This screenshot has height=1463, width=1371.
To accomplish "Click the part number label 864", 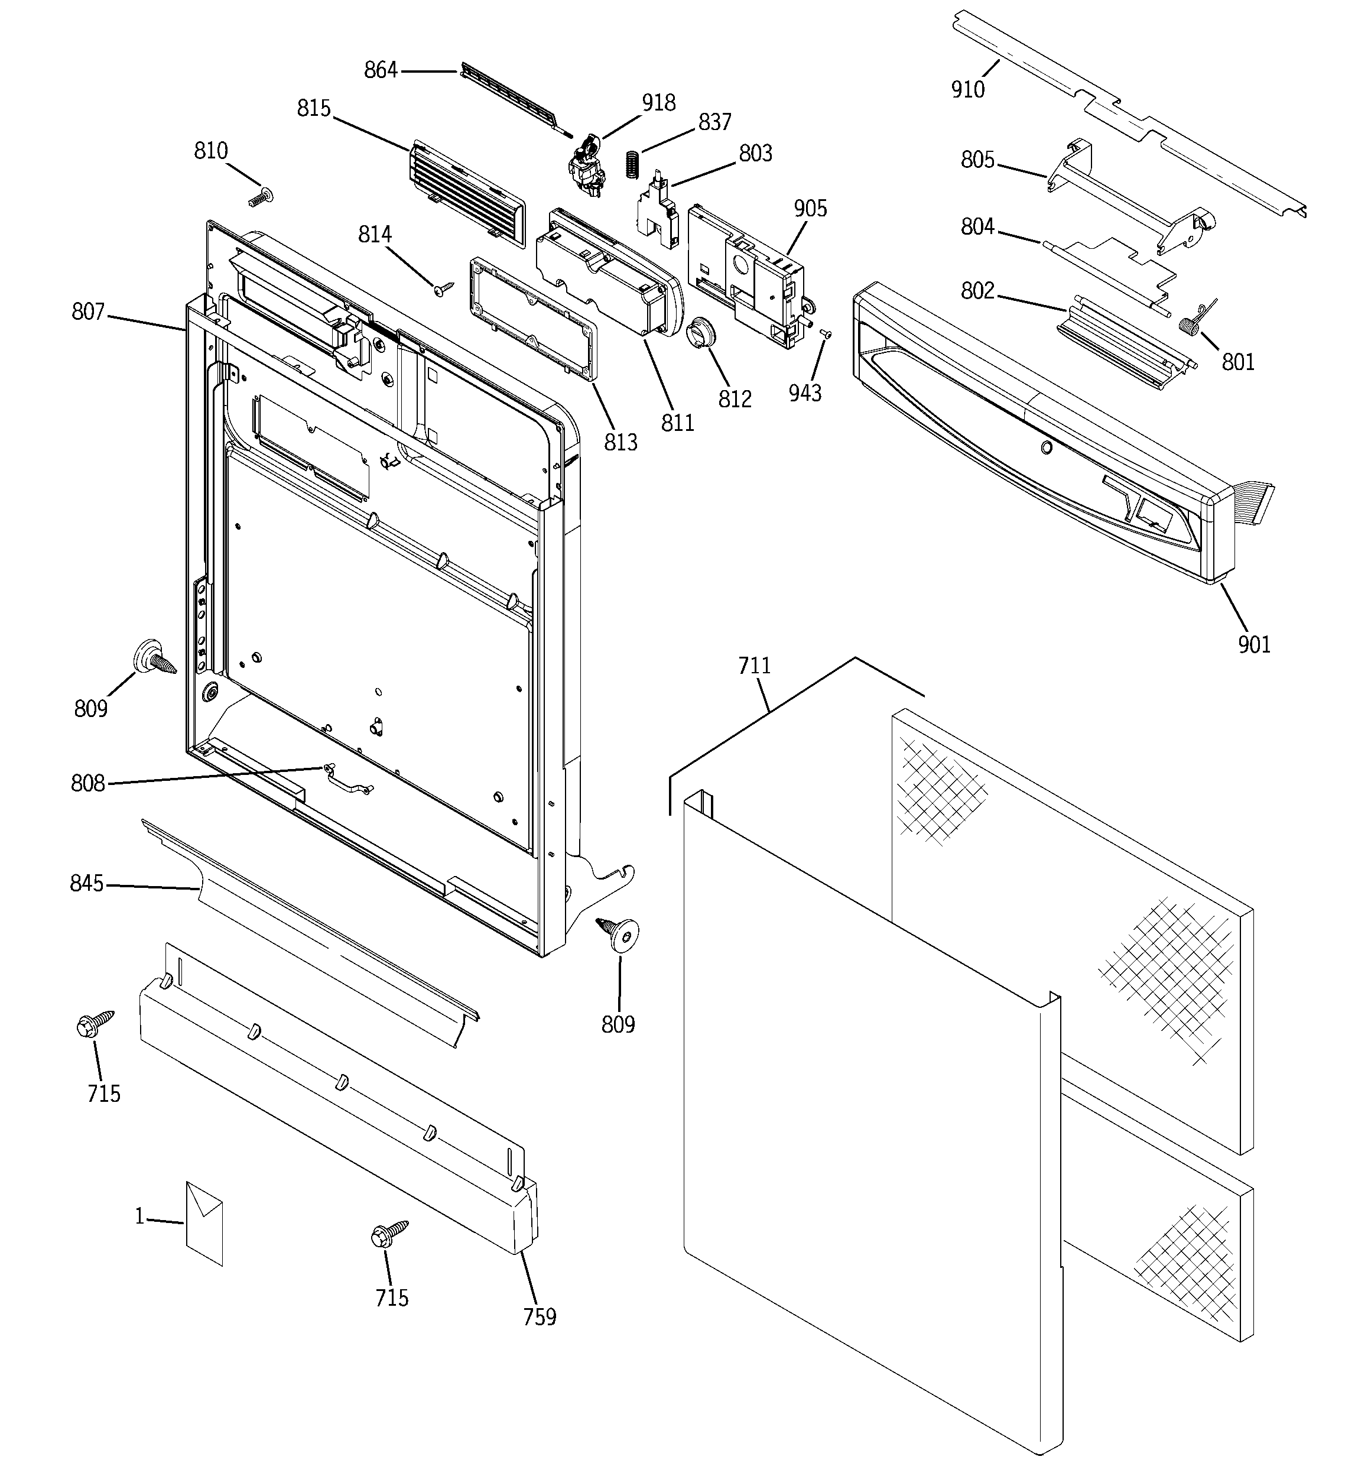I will [x=381, y=71].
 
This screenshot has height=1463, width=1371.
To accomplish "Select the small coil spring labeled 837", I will [x=631, y=163].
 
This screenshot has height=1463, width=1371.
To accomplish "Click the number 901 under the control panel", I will [x=1254, y=645].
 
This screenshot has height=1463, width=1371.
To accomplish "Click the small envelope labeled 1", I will [x=204, y=1224].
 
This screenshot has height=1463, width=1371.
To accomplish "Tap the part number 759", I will [x=540, y=1316].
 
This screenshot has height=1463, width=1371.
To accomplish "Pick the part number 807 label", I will [x=88, y=312].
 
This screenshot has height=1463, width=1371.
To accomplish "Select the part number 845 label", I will [x=87, y=883].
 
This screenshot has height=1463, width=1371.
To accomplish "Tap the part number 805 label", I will [x=977, y=160].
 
